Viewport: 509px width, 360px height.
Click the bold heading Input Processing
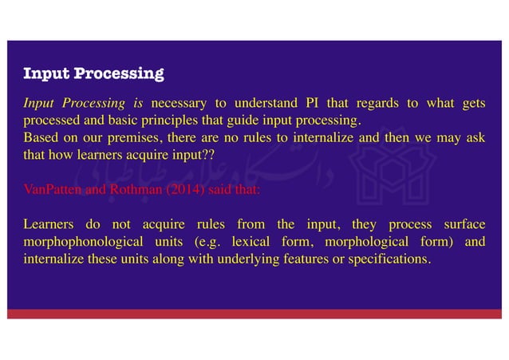[93, 75]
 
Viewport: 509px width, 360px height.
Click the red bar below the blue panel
[254, 314]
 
